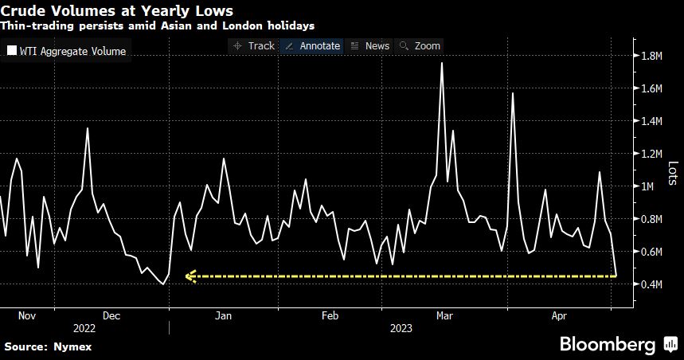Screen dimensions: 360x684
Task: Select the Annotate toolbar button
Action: [x=312, y=45]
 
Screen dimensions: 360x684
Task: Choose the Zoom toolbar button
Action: [x=420, y=45]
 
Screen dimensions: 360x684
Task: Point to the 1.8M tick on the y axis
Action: [x=654, y=56]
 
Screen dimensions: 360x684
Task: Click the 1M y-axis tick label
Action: [x=650, y=186]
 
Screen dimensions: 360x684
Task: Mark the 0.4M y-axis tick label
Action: [x=654, y=284]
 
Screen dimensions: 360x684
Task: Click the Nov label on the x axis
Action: [x=27, y=315]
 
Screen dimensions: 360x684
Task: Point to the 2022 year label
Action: [x=84, y=327]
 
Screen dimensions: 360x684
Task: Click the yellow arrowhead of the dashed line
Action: [x=190, y=276]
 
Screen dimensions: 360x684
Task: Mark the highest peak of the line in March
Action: [x=442, y=63]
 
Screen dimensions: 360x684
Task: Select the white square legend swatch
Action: [x=11, y=52]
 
